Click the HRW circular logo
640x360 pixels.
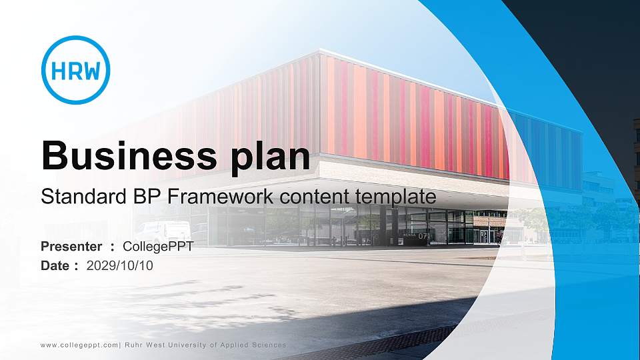pos(75,70)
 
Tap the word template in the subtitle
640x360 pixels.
pos(398,198)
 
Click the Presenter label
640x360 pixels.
pos(71,247)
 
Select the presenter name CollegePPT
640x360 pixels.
pos(159,247)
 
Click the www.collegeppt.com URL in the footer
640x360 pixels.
pos(79,345)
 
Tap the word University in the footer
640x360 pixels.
pos(184,345)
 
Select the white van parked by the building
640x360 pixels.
pos(164,231)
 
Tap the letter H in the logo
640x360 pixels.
pos(57,71)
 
